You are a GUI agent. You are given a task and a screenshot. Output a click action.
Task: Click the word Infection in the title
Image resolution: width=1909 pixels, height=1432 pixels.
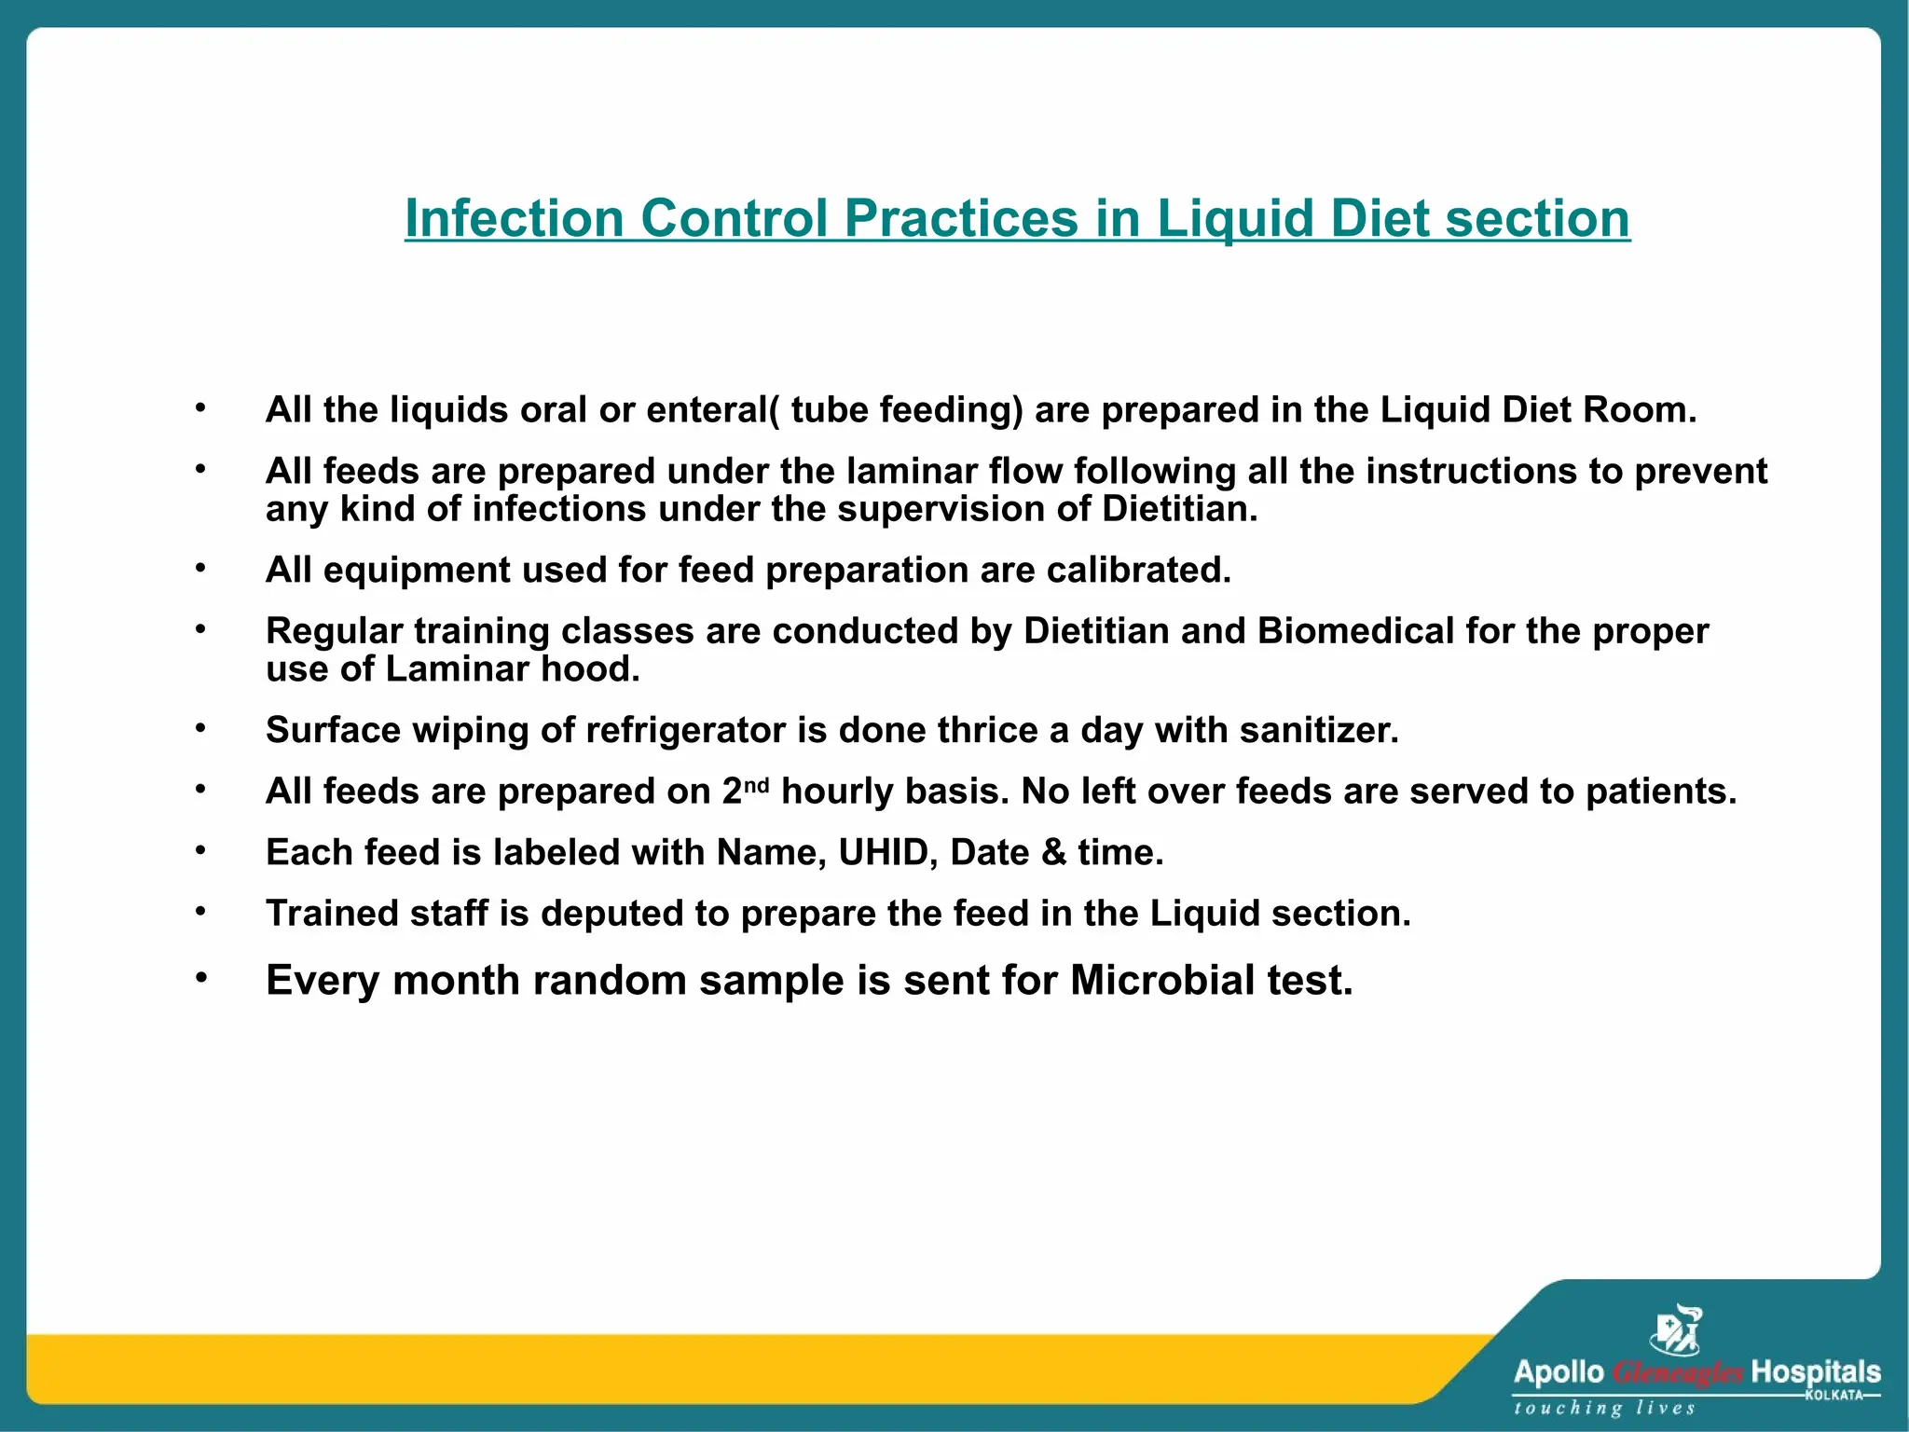point(514,219)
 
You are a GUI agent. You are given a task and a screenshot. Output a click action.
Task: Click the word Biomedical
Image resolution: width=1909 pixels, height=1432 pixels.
point(1355,631)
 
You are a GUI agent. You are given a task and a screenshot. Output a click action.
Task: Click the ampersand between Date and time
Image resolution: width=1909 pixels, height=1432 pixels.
point(1053,852)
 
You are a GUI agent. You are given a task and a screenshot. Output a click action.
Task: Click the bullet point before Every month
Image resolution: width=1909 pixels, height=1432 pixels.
point(200,978)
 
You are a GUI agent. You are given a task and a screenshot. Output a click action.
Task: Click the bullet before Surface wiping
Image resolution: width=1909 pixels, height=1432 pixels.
point(200,728)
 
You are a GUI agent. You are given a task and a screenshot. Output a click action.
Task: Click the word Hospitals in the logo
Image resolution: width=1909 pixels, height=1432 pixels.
point(1815,1372)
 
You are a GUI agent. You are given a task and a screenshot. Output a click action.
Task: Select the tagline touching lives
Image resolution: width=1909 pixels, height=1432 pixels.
point(1604,1408)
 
